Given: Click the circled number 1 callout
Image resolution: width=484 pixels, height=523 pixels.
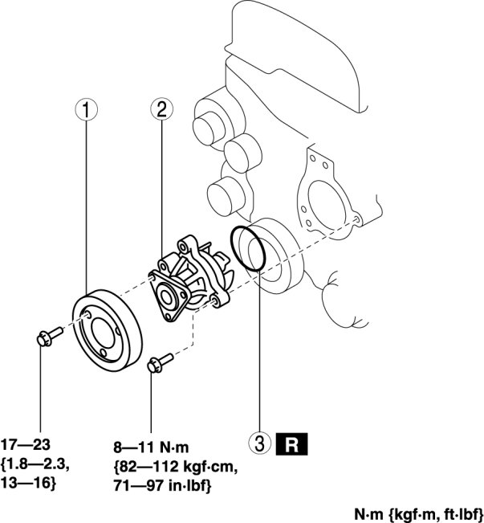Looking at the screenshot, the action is click(87, 110).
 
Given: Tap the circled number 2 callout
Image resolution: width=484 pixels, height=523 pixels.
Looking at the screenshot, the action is click(161, 109).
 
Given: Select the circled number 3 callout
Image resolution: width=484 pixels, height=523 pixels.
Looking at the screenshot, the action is click(260, 443).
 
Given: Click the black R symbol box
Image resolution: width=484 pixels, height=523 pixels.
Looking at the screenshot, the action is click(291, 444).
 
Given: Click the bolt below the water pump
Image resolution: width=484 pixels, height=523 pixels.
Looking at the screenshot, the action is click(161, 363).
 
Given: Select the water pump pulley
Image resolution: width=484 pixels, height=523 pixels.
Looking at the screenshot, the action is click(108, 330).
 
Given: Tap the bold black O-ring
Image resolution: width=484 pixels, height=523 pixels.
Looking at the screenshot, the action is click(248, 248).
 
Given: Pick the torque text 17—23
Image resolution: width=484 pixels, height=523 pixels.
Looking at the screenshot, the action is click(26, 444).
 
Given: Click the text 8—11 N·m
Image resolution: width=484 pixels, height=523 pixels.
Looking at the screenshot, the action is click(151, 447).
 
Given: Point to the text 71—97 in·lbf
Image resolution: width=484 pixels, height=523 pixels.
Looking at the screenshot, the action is click(162, 485).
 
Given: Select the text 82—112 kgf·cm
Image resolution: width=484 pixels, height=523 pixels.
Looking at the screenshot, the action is click(176, 467).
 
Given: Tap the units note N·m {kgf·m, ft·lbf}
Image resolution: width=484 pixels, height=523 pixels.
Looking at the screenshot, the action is click(418, 513).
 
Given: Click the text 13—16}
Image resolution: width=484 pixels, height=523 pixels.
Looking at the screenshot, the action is click(28, 483).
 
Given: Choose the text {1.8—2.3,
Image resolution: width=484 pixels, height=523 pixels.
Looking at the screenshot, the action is click(35, 464).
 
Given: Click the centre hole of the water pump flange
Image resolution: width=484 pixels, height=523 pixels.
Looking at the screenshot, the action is click(166, 297).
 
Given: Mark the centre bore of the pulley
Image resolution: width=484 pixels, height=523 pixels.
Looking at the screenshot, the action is click(103, 333).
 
